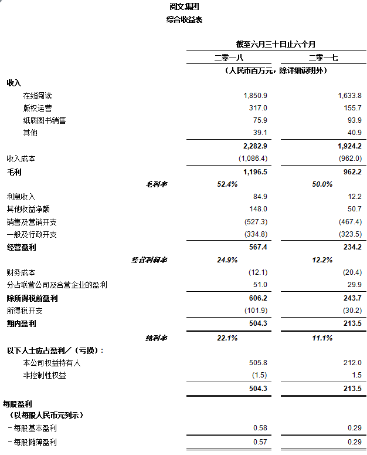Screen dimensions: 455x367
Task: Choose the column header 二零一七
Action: click(x=322, y=58)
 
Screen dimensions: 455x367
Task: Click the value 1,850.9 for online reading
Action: click(x=256, y=96)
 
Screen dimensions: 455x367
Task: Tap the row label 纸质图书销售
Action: click(x=45, y=120)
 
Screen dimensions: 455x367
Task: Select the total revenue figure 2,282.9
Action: click(x=255, y=146)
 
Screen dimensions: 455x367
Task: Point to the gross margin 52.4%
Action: click(x=227, y=184)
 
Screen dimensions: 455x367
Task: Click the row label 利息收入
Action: click(x=21, y=197)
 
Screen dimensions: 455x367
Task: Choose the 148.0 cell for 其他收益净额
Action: click(x=258, y=209)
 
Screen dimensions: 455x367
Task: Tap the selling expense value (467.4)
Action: click(x=350, y=222)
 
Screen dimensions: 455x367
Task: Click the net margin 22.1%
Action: click(x=227, y=338)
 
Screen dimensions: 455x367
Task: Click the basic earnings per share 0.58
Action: click(x=260, y=429)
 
